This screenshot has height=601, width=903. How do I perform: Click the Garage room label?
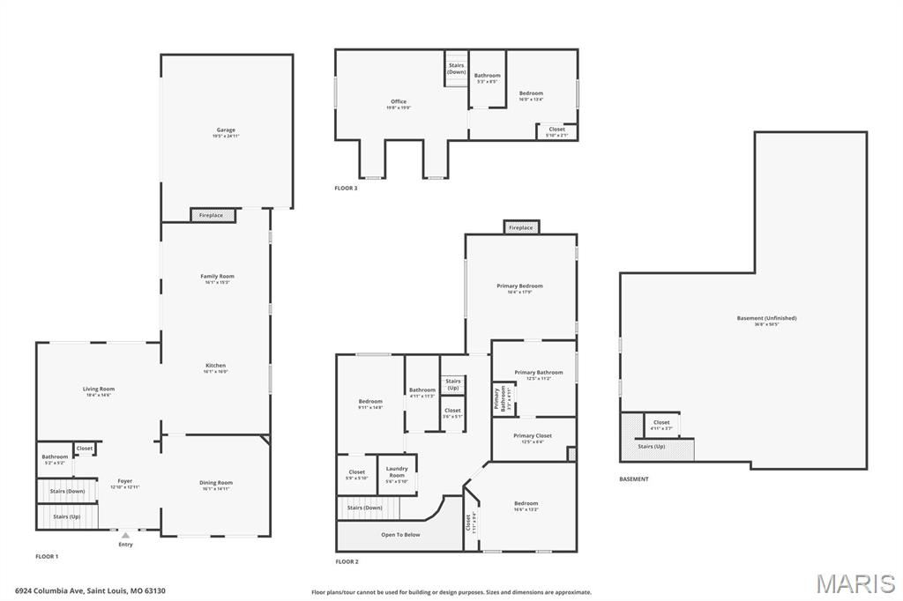click(x=226, y=130)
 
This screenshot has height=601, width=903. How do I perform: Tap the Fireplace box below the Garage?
click(x=213, y=215)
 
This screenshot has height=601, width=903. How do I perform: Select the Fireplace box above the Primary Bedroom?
click(x=521, y=227)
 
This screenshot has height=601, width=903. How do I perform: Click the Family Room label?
click(x=217, y=277)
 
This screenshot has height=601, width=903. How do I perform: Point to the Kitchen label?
click(x=216, y=366)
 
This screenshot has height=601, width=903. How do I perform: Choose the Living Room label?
click(x=99, y=390)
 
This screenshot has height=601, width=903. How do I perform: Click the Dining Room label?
click(x=216, y=483)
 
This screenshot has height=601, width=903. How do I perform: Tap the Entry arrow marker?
click(x=125, y=535)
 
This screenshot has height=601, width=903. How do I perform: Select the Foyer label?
click(x=125, y=482)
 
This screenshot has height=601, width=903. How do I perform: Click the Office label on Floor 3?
click(x=399, y=102)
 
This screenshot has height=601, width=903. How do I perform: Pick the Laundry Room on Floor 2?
click(x=397, y=471)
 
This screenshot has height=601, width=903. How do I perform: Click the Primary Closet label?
click(x=533, y=436)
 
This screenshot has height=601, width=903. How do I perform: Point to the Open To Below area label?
click(x=400, y=535)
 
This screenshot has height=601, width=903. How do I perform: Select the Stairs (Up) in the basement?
click(x=651, y=447)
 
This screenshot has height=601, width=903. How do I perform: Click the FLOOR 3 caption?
click(x=346, y=188)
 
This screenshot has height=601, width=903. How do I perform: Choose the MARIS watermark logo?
click(x=855, y=583)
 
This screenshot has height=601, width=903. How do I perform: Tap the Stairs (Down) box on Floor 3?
click(x=456, y=68)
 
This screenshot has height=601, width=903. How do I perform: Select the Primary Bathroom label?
click(x=538, y=373)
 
